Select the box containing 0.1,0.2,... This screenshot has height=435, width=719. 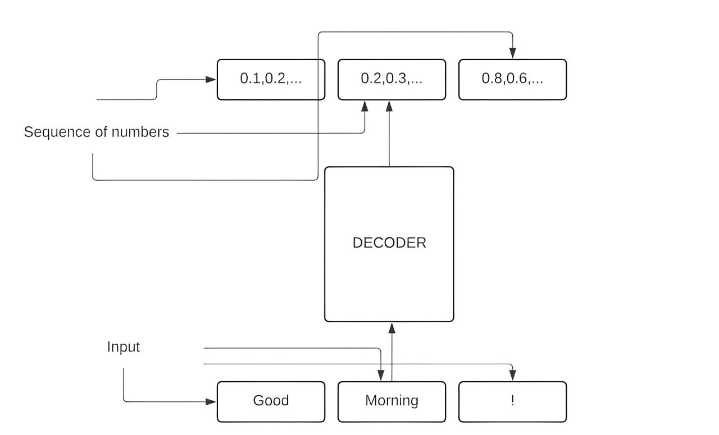click(x=271, y=79)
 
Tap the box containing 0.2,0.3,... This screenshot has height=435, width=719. click(x=392, y=79)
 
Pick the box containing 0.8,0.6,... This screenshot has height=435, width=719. click(x=512, y=79)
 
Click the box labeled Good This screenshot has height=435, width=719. click(x=271, y=401)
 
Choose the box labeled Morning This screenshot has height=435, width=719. click(x=392, y=401)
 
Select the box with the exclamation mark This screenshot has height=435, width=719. click(x=512, y=401)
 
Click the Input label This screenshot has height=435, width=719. click(x=124, y=347)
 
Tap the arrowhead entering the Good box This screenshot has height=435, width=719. click(x=211, y=402)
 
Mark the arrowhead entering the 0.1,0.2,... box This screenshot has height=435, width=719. click(x=211, y=80)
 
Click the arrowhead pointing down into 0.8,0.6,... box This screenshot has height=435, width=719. click(x=512, y=54)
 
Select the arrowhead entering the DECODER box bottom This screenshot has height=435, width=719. click(x=392, y=327)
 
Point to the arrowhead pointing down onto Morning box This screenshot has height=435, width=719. click(x=381, y=376)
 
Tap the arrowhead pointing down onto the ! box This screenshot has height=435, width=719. click(x=512, y=376)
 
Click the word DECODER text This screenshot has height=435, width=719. click(x=389, y=243)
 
